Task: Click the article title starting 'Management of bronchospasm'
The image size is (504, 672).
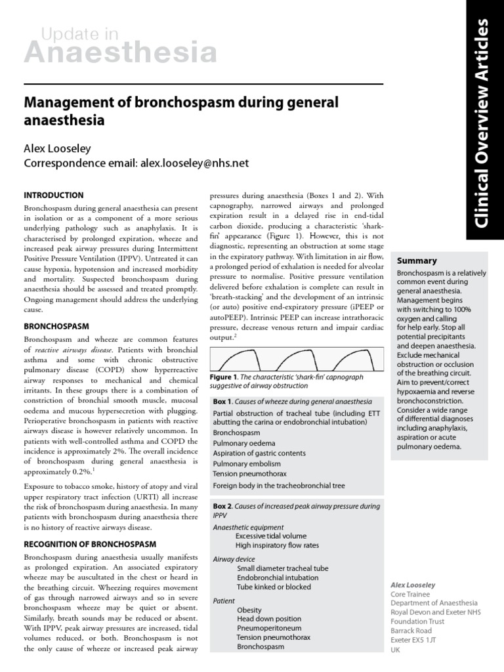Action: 180,111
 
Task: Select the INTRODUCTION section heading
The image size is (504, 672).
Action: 54,196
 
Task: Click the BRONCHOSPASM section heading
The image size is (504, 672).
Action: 56,325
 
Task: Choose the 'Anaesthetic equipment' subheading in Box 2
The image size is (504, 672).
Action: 248,527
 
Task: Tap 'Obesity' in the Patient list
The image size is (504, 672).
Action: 250,610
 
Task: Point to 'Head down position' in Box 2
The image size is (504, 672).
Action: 269,619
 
